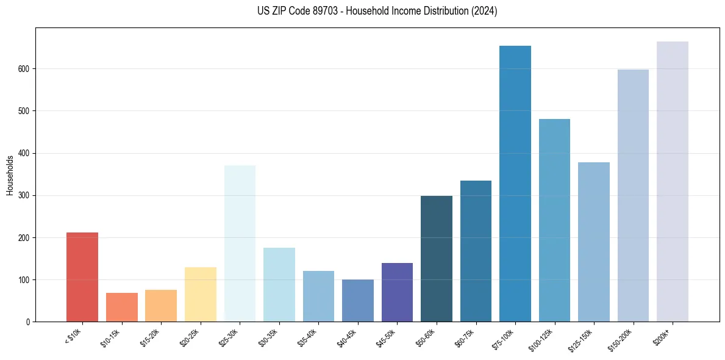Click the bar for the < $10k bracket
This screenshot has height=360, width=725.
[x=82, y=277]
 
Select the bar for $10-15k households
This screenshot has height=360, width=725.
[x=121, y=308]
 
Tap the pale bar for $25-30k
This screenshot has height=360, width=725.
[x=240, y=243]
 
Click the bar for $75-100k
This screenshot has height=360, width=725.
[x=515, y=184]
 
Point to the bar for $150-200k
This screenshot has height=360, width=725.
[x=633, y=196]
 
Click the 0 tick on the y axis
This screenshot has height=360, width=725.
[x=28, y=322]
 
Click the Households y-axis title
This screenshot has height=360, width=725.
[x=10, y=175]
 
